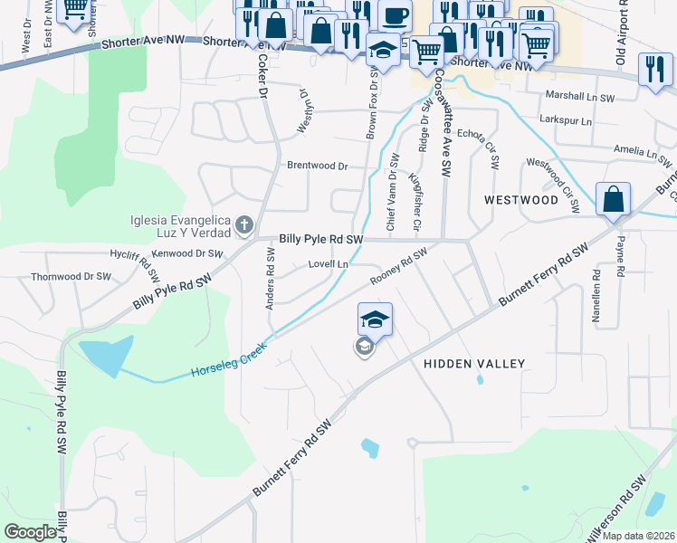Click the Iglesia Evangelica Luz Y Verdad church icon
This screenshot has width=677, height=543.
(243, 224)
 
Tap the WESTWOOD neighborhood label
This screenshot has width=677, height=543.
(520, 199)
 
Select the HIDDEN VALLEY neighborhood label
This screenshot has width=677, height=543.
(474, 364)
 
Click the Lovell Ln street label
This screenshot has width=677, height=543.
(329, 264)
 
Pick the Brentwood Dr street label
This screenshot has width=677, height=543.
(317, 167)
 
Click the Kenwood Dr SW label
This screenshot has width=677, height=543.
(189, 254)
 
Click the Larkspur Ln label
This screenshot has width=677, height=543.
(565, 120)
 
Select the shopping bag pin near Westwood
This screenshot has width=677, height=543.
(613, 199)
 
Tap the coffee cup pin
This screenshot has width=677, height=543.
(394, 16)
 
